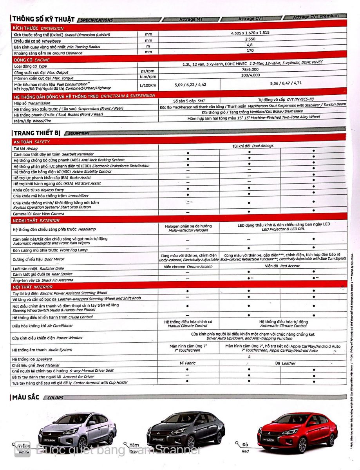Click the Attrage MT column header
(191, 19)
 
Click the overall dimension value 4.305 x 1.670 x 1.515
(250, 33)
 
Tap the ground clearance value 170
(250, 51)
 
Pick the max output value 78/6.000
(250, 69)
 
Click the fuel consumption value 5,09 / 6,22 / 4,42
(190, 84)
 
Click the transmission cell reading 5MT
(189, 101)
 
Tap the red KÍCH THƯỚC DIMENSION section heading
(38, 28)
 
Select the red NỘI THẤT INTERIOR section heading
(33, 287)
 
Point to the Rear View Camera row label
(38, 213)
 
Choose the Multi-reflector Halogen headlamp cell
(188, 228)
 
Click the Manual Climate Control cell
(188, 324)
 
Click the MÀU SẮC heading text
(26, 398)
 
